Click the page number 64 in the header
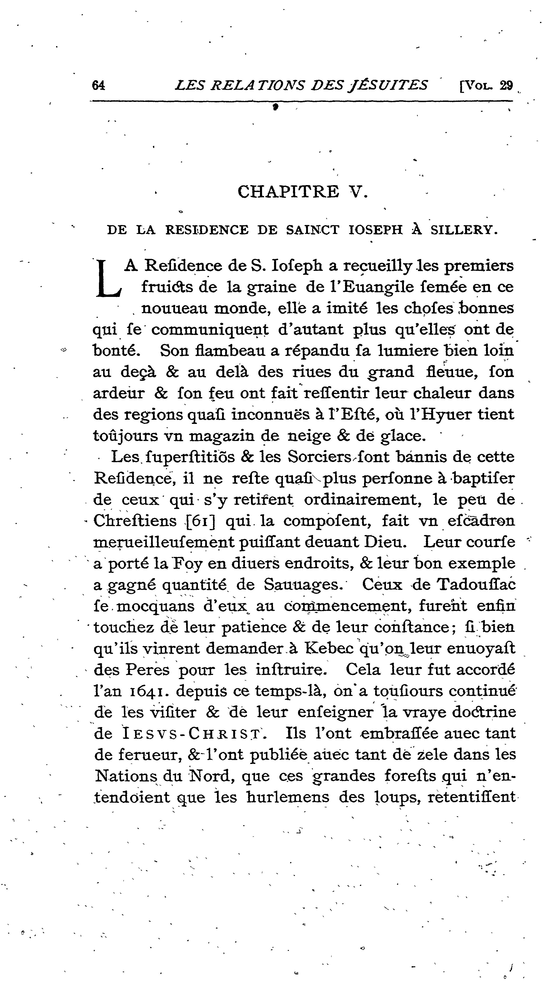click(98, 85)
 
